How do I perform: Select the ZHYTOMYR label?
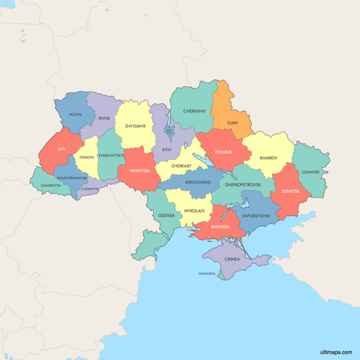pos(135,126)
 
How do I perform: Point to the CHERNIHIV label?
pos(194,112)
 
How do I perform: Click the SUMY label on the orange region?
pos(233,123)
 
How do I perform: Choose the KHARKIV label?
pos(268,157)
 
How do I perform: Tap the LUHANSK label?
pos(310,172)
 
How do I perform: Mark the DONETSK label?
pos(291,192)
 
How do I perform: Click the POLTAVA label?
pos(224,153)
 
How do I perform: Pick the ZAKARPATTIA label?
pos(50,185)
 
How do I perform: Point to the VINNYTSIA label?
pos(140,171)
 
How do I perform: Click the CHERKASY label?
pos(181,165)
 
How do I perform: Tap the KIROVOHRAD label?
pos(198,183)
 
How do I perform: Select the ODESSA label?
pos(166,215)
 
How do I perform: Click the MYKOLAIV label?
pos(194,211)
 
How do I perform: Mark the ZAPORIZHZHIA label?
pos(256,215)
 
